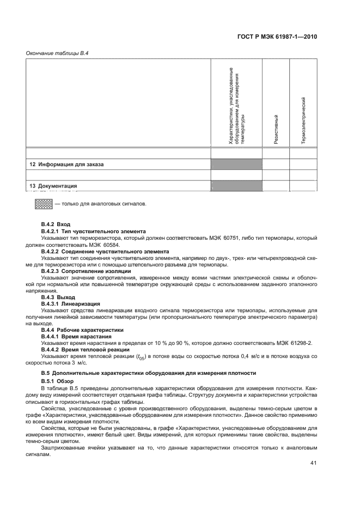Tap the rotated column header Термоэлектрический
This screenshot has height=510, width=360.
(303, 120)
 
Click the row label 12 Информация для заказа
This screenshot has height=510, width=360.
(66, 164)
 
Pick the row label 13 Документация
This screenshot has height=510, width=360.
(53, 185)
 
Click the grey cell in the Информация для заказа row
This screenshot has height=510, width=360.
(236, 164)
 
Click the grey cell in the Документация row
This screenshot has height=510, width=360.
(236, 185)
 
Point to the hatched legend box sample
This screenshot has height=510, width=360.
(44, 204)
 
